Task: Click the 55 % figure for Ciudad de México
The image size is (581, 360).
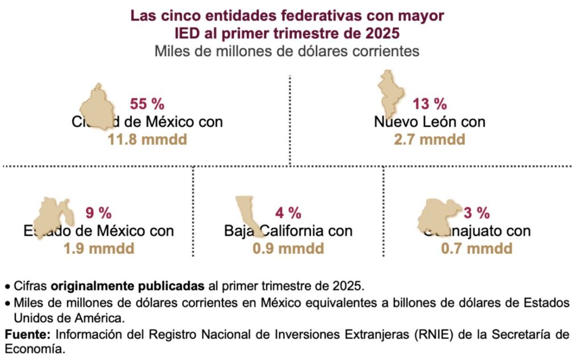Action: pos(147,104)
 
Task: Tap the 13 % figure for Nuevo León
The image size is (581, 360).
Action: pos(430,104)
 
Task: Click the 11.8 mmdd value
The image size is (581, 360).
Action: pos(147,139)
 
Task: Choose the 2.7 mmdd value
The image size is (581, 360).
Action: pos(430,139)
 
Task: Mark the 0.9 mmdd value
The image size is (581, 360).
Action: pos(288,248)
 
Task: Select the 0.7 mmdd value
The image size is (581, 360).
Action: pos(477,248)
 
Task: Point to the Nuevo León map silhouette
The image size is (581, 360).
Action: pos(390,91)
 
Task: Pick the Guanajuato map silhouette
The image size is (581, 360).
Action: pos(440,216)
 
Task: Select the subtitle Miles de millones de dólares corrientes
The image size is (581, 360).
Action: pos(287,51)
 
